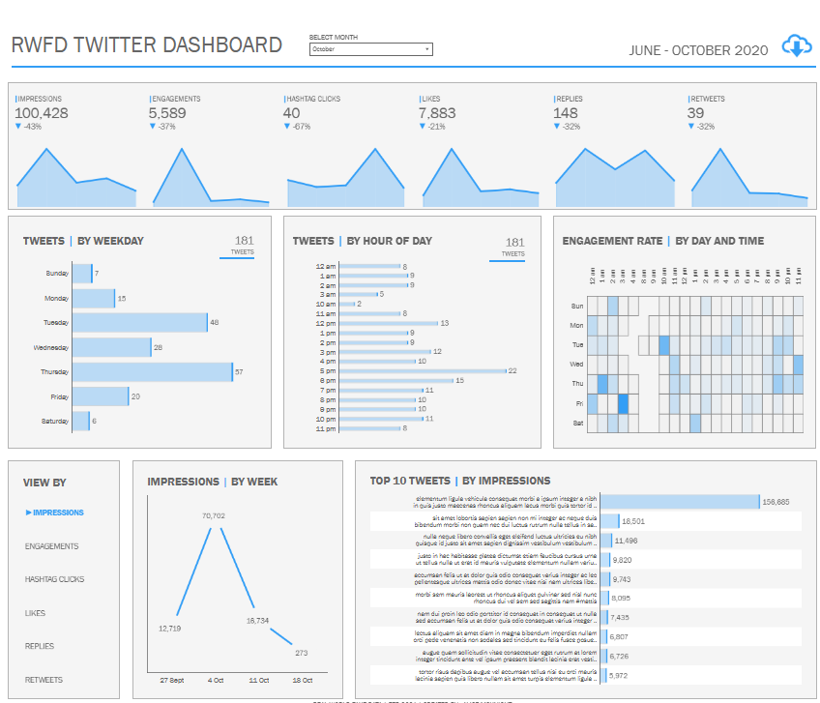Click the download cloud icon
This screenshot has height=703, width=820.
coord(795,46)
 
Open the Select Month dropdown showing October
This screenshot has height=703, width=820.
coord(370,49)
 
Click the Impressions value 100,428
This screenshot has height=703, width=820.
coord(42,113)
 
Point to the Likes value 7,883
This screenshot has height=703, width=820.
coord(437,113)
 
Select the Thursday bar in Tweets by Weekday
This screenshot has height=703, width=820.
coord(153,372)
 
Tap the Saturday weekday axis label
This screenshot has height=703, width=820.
coord(56,422)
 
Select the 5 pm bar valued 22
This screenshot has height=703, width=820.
coord(423,370)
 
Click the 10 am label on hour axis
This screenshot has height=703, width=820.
coord(326,304)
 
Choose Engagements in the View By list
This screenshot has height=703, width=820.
coord(52,546)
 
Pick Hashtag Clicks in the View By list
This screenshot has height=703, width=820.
coord(55,579)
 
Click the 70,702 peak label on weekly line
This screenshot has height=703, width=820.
coord(214,516)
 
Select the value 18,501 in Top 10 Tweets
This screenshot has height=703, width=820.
coord(634,521)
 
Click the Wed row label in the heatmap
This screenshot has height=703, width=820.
coord(576,365)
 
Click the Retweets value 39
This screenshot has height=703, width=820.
coord(696,113)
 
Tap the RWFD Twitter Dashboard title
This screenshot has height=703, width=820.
coord(146,45)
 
